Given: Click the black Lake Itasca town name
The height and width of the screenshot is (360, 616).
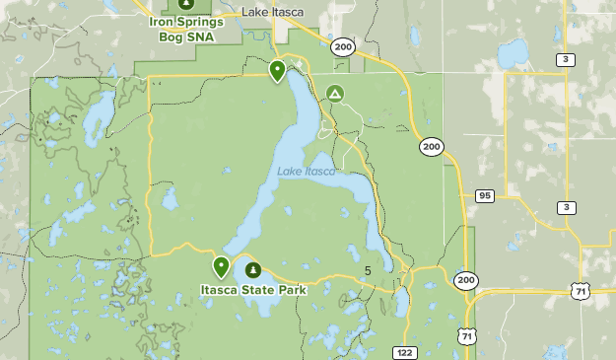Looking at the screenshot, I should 273,12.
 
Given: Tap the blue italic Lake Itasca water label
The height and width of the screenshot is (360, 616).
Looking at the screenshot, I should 306,172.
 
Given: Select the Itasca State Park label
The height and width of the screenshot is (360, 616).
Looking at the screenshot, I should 252,290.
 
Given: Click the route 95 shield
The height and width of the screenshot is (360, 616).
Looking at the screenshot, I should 484,196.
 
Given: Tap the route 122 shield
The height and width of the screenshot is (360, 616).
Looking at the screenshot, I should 403,352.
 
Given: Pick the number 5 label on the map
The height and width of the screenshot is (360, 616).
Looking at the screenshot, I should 368,271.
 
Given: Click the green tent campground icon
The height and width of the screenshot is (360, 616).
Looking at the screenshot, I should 335,95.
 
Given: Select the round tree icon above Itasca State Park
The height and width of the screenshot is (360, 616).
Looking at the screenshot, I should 253,269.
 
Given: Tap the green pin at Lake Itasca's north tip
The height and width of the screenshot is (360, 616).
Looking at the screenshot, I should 278,70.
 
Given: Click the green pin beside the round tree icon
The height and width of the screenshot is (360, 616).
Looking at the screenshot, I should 221,266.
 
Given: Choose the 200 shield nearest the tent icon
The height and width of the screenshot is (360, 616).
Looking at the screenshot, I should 342,46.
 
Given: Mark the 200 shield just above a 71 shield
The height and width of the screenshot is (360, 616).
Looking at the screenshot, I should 465,281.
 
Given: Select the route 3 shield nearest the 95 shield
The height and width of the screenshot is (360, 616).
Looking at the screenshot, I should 566,207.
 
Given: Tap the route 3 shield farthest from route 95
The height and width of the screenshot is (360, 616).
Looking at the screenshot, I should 566,60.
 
